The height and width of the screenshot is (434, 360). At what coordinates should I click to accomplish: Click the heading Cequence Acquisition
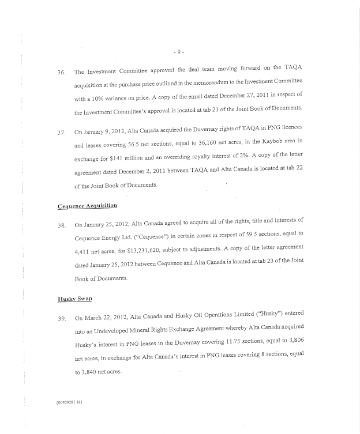pos(88,206)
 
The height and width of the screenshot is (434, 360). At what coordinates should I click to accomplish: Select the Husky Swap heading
pos(75,299)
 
